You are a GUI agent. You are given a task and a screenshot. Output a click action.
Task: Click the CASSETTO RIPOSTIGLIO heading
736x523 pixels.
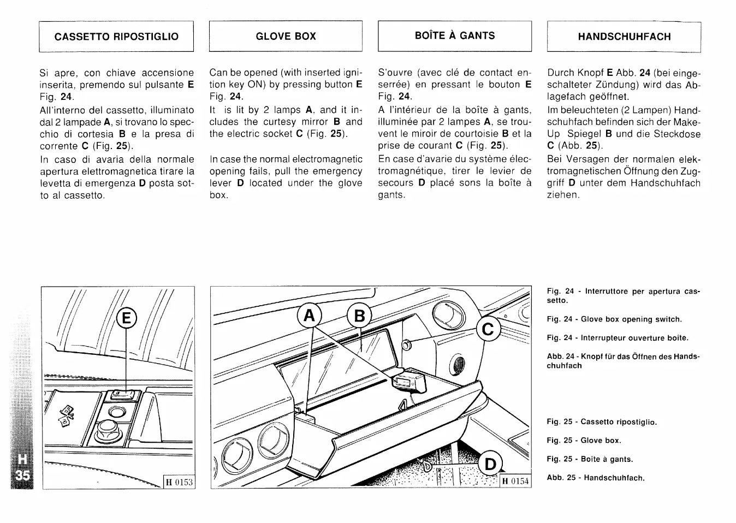(x=116, y=37)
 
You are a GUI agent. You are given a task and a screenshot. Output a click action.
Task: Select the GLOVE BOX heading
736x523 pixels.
(x=286, y=37)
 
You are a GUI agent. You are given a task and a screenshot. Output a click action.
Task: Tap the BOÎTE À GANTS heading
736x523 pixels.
(x=454, y=35)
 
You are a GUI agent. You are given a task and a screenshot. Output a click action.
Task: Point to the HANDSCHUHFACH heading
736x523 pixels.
(x=624, y=37)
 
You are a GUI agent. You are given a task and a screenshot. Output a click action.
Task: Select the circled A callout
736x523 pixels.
(x=308, y=316)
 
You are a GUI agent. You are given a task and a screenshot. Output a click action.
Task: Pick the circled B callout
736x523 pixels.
(x=359, y=316)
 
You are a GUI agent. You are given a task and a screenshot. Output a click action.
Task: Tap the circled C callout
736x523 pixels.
(x=488, y=330)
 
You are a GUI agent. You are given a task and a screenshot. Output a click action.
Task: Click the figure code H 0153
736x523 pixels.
(x=180, y=482)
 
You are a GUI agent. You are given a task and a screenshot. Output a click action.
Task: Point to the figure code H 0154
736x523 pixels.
(x=515, y=481)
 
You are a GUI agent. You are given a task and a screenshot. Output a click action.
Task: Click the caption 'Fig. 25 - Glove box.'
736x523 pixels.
(x=584, y=441)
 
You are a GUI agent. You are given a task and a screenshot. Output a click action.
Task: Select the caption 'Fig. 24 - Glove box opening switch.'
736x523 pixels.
(x=614, y=319)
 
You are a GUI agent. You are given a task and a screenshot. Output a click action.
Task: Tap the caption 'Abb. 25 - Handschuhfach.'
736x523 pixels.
(x=596, y=478)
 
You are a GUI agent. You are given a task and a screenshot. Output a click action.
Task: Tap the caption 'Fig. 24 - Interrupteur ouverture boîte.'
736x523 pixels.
(x=618, y=338)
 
